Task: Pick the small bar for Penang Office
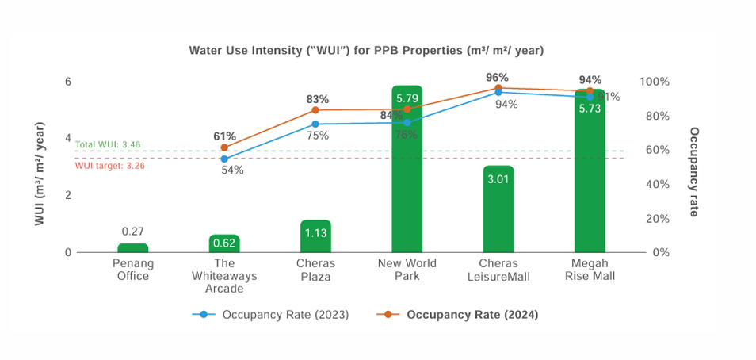point(133,248)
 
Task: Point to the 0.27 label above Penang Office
point(133,231)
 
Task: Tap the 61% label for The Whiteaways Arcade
point(224,136)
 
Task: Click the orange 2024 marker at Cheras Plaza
point(315,110)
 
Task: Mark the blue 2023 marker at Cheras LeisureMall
point(498,93)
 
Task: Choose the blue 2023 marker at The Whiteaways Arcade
point(224,159)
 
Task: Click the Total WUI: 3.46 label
point(108,144)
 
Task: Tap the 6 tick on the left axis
point(68,82)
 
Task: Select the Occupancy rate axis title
point(694,171)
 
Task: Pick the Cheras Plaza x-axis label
point(315,270)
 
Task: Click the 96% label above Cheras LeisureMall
point(497,78)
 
